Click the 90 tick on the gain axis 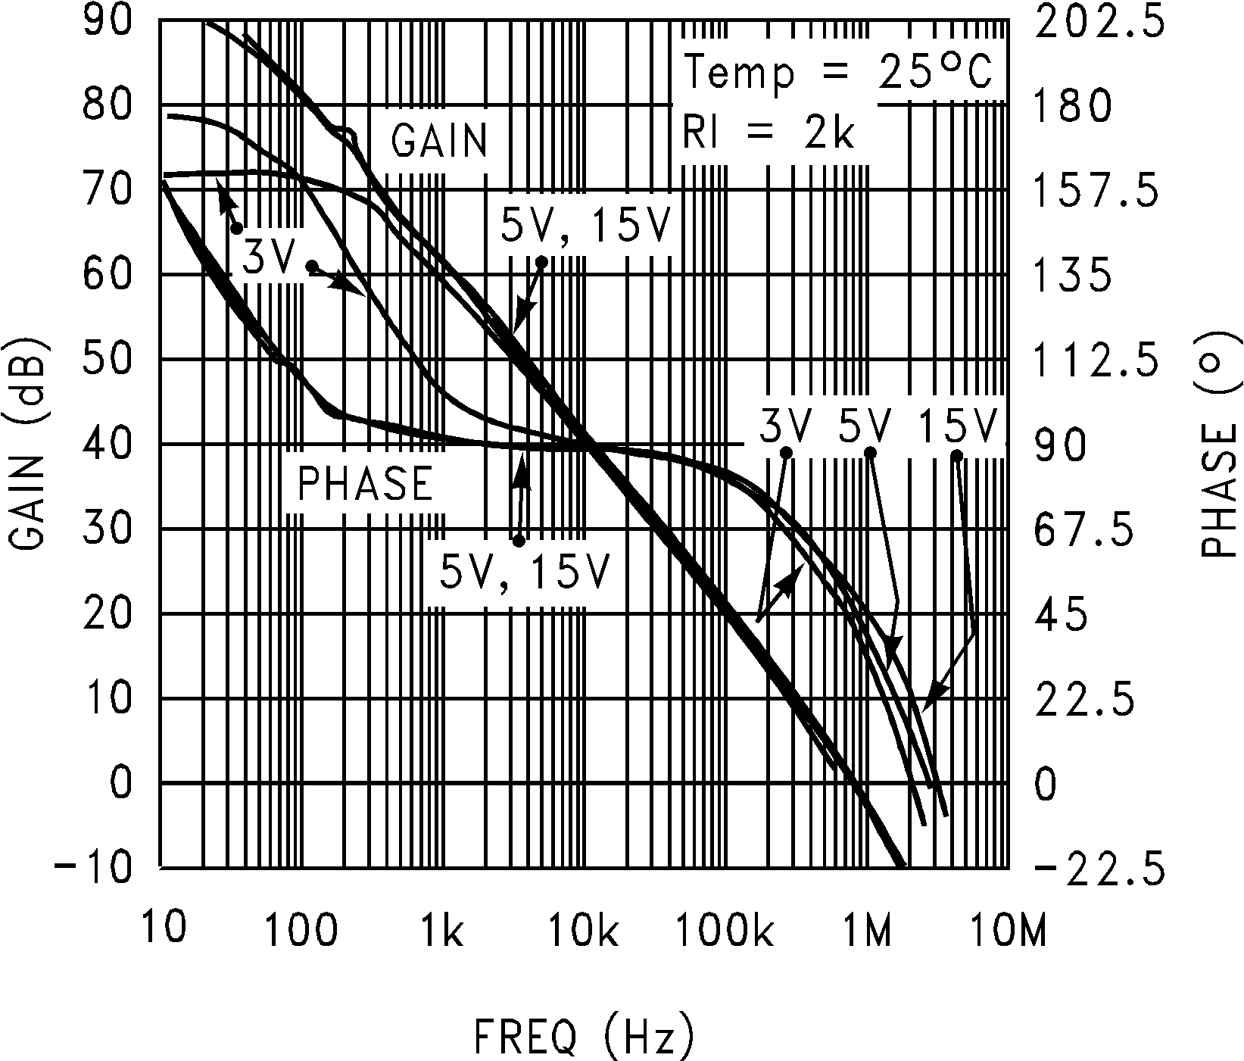(x=108, y=20)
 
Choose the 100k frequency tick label (x=725, y=931)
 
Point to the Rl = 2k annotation (x=768, y=133)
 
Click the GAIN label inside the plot (x=440, y=140)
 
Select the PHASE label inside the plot (x=365, y=483)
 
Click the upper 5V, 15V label (x=585, y=226)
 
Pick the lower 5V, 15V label (x=524, y=572)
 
